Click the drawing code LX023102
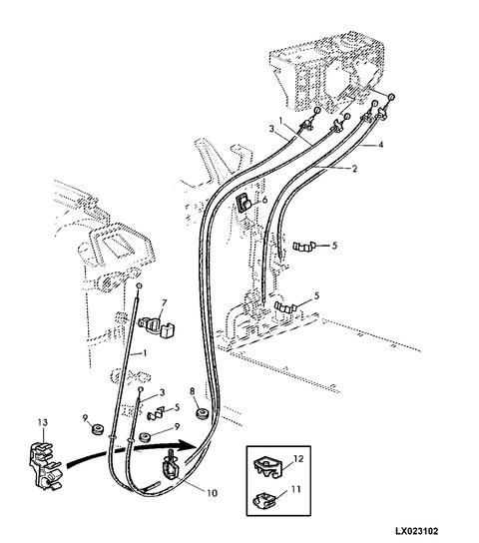pos(417,531)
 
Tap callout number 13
pos(43,422)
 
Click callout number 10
pos(212,493)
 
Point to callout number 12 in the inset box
pos(298,458)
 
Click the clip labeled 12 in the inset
pos(267,467)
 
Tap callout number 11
pos(296,489)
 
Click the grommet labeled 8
pos(202,414)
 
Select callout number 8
pos(193,391)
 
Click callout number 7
pos(164,303)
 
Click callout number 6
pos(265,200)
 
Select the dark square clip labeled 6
pos(243,203)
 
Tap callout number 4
pos(381,144)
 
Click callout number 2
pos(354,169)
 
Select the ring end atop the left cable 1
pos(139,286)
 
